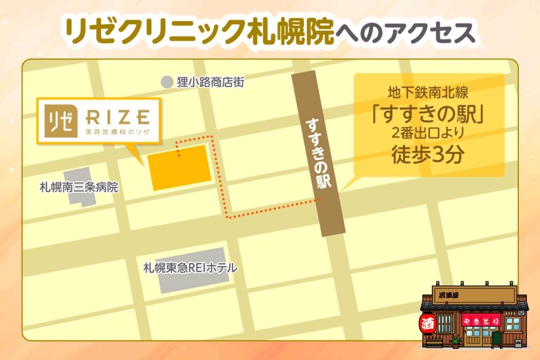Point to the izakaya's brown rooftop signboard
point(474,294)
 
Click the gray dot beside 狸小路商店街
point(167,82)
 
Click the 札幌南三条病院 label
point(79,187)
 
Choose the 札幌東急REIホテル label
point(190,268)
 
